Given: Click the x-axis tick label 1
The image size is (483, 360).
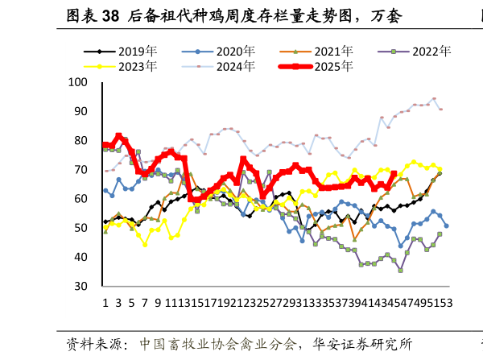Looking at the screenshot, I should (105, 303).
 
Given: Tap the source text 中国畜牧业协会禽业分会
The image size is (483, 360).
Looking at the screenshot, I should (218, 344).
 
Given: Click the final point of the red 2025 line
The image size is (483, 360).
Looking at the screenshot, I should (394, 173).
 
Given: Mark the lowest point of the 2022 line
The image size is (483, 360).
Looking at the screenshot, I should (400, 270).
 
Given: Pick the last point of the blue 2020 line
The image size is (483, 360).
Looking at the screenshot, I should (446, 226).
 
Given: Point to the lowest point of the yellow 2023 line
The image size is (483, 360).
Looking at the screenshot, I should (145, 244).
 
